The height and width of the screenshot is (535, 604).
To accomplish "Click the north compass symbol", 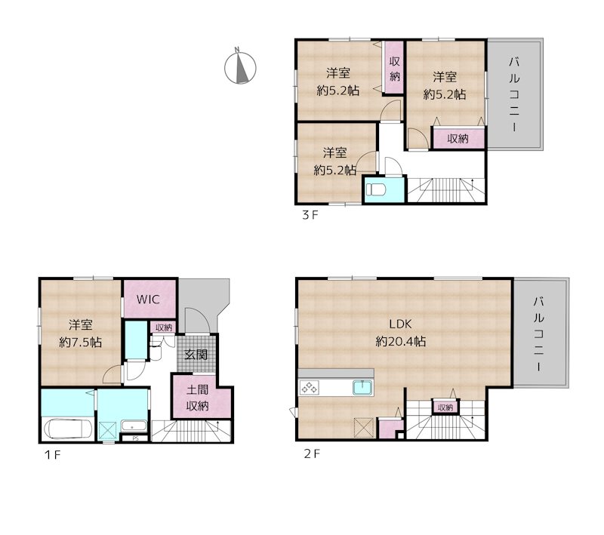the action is (240, 68).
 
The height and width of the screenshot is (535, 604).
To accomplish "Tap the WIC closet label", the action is (148, 300).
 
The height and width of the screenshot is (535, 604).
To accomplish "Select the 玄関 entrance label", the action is (196, 354).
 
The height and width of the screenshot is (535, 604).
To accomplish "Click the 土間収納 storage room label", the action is (198, 398).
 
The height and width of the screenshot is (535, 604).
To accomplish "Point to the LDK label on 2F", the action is (401, 324).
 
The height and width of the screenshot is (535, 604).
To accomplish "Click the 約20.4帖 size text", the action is (401, 341).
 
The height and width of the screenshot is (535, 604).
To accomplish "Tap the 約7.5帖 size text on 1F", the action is (81, 342).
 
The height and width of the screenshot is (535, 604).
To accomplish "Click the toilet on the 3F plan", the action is (375, 189).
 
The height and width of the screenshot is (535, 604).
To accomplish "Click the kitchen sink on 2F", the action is (362, 388).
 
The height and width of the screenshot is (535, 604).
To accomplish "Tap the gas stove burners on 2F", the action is (310, 388).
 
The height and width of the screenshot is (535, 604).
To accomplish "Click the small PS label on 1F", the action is (135, 438).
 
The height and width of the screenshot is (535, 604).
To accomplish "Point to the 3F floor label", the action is (310, 215).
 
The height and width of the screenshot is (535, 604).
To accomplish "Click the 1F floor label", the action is (52, 455).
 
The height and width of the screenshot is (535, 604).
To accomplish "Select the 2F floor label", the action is (312, 454).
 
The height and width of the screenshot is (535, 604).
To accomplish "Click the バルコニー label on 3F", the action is (515, 94).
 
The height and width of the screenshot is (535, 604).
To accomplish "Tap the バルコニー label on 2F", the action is (538, 334).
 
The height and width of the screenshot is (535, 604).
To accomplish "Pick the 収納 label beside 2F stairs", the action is (445, 407).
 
